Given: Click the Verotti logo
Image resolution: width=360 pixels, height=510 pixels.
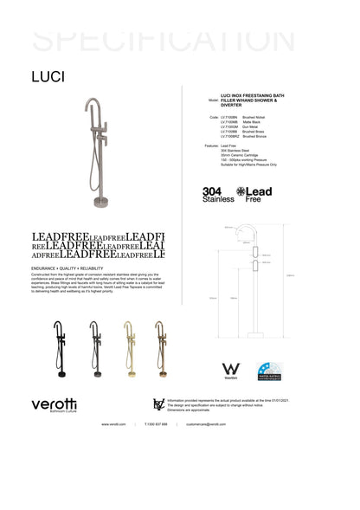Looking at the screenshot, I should [54, 403].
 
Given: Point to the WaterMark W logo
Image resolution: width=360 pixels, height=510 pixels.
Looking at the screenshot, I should [231, 370].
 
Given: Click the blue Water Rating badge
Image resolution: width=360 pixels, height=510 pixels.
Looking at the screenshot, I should [268, 371].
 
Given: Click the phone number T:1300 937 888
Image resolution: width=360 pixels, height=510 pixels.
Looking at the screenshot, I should [157, 424].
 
